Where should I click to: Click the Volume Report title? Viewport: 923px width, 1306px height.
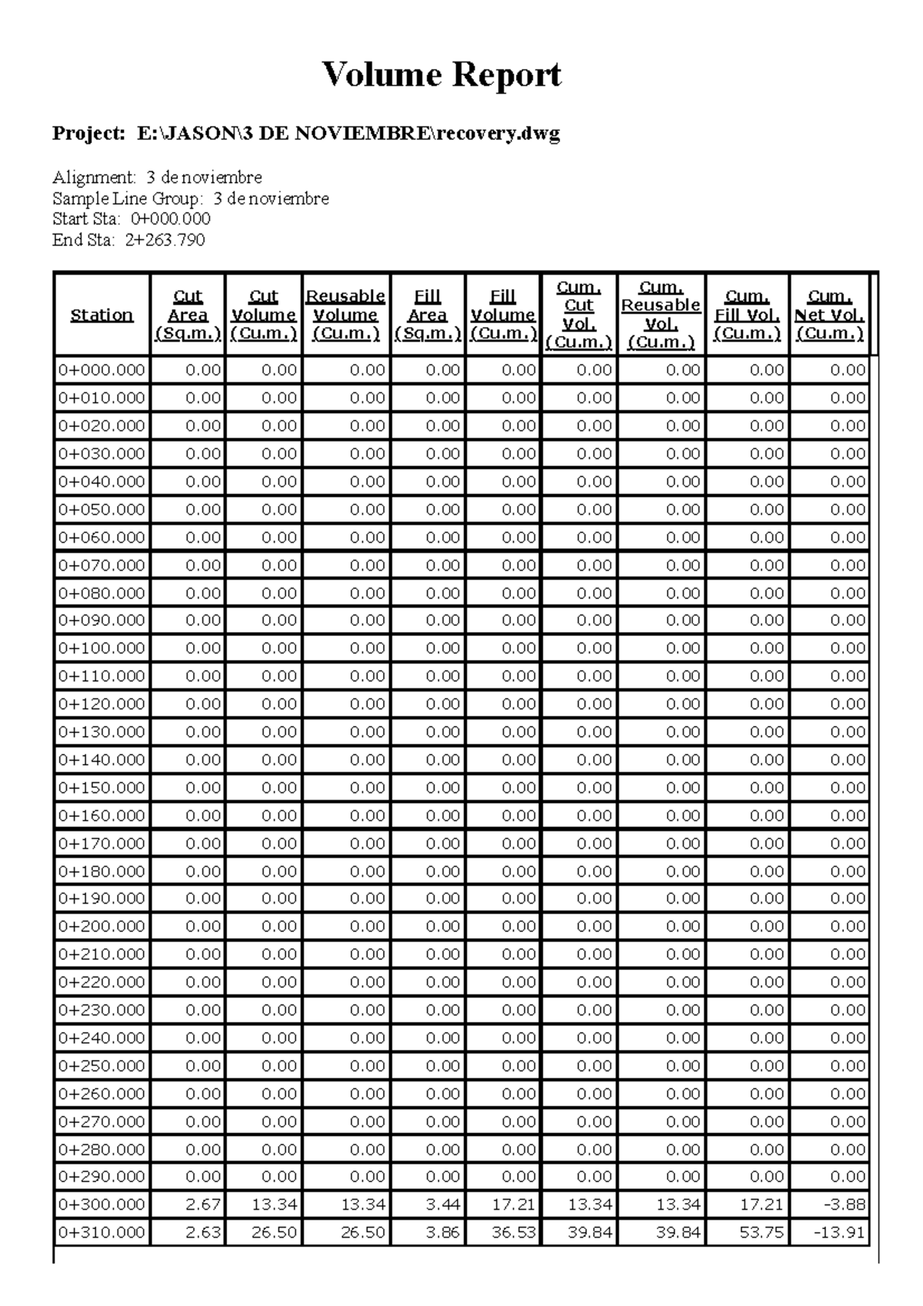442,75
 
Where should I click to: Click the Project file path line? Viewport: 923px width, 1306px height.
305,134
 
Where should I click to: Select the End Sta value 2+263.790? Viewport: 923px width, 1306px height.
165,240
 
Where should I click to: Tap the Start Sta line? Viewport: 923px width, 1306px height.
131,219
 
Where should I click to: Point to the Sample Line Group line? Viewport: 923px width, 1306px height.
190,198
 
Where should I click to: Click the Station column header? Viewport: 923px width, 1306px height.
102,315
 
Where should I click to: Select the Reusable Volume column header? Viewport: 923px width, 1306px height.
345,315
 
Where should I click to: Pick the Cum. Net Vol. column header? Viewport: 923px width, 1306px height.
829,315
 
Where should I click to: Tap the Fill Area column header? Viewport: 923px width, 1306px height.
427,315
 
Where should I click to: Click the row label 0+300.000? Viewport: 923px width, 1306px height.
102,1204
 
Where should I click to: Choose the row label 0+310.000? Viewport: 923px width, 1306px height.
102,1232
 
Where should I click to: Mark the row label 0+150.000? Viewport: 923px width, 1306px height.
102,788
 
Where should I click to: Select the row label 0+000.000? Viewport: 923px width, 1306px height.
102,370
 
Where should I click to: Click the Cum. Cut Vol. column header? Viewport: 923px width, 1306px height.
578,315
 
